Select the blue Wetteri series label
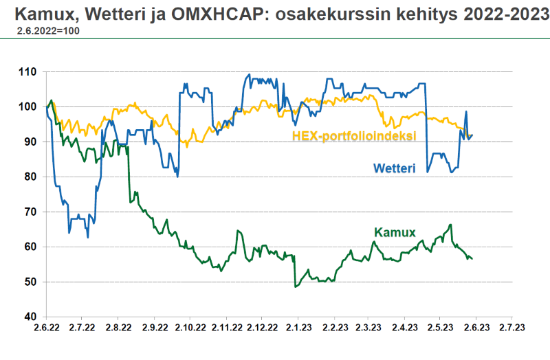(x=395, y=168)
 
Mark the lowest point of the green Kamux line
(x=296, y=286)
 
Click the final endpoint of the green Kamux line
(x=472, y=258)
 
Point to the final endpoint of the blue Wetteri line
(x=472, y=135)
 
